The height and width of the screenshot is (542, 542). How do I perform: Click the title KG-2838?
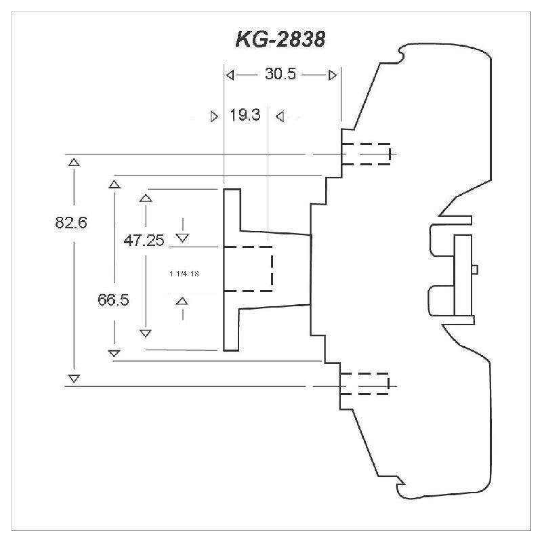(x=280, y=40)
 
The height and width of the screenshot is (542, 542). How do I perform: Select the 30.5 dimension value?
(x=280, y=75)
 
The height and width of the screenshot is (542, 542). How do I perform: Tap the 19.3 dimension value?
(x=245, y=115)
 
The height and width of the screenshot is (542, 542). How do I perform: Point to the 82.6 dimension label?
(x=72, y=222)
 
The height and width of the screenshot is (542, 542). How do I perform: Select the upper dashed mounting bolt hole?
(x=367, y=154)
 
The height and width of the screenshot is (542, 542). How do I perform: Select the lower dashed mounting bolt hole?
(x=365, y=383)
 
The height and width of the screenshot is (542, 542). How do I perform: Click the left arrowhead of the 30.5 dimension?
(x=230, y=75)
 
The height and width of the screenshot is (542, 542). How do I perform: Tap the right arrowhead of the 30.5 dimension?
(x=332, y=75)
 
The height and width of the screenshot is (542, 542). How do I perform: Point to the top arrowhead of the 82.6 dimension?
(x=74, y=162)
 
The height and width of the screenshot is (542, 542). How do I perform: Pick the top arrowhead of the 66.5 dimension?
(x=114, y=183)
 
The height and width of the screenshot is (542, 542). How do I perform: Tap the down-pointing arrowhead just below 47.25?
(x=182, y=236)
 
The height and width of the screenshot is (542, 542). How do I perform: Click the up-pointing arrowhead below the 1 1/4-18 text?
(x=182, y=301)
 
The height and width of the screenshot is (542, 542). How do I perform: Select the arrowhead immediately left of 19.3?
(x=215, y=116)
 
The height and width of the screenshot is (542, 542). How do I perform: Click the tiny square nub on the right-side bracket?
(x=474, y=269)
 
